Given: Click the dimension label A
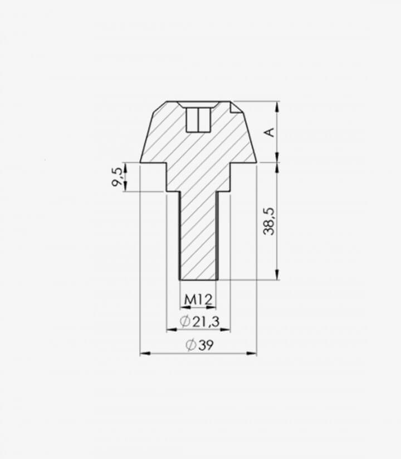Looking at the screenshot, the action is tap(270, 132).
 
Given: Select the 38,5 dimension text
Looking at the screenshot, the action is tap(269, 221).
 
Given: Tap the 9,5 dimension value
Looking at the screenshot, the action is tap(117, 176).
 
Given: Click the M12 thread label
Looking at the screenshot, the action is tap(198, 299).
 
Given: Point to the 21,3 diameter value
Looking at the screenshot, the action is tap(206, 322).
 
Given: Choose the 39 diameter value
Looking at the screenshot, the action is tap(206, 345).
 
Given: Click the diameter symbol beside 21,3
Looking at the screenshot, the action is tap(185, 322).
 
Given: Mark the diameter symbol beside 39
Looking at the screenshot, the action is tap(191, 345).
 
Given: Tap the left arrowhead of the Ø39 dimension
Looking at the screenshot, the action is tap(145, 354).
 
